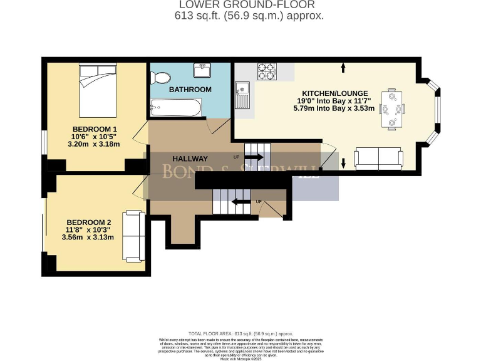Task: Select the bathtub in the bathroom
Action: (x=176, y=109)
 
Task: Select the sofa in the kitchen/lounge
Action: (x=378, y=160)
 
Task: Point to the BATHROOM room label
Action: (x=190, y=90)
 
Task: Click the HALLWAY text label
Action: (x=190, y=159)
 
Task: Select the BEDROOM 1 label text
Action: (x=95, y=130)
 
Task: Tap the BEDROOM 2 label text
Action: (x=89, y=222)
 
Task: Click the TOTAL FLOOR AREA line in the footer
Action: (x=240, y=333)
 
